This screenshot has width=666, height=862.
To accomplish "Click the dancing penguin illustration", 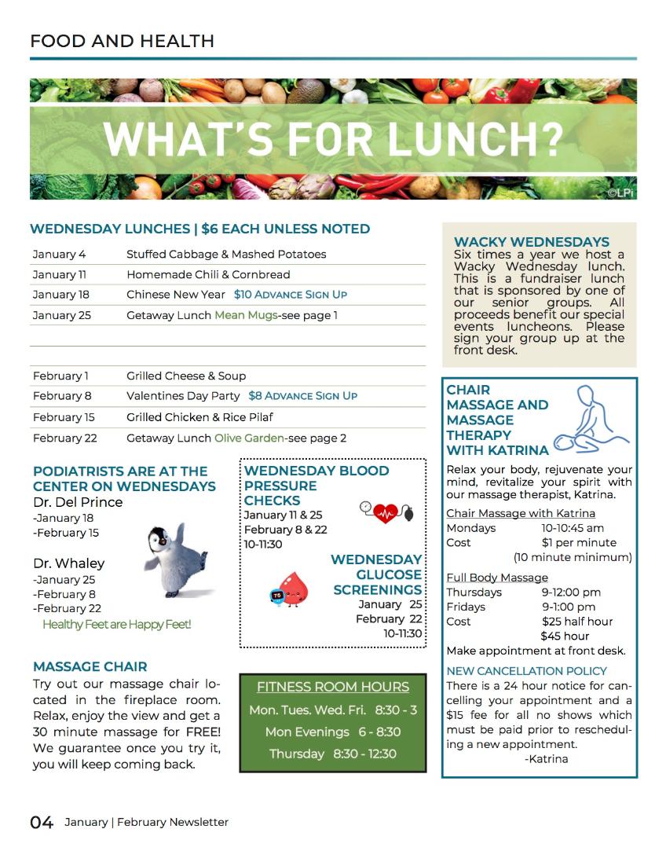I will point(179,559).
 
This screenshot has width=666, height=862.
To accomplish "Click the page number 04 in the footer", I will point(42,822).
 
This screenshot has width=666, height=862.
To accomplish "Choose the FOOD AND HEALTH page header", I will point(122,41).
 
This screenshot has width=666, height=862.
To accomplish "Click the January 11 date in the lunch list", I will point(60,274).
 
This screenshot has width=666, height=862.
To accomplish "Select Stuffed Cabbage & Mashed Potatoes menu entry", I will point(226,254).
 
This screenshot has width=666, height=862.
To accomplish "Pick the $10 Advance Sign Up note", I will point(290,295).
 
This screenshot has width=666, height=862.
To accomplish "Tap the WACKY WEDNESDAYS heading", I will point(532,242).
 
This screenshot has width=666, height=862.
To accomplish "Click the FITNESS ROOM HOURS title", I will point(333,687).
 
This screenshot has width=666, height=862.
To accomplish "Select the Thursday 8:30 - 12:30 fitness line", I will point(333,754).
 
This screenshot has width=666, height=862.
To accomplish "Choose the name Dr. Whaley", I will point(68,563).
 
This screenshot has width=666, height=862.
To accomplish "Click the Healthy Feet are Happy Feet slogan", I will point(116,625).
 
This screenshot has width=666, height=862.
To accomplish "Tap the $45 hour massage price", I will point(565,636).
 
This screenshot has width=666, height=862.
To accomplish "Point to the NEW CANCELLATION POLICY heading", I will point(526,671).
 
